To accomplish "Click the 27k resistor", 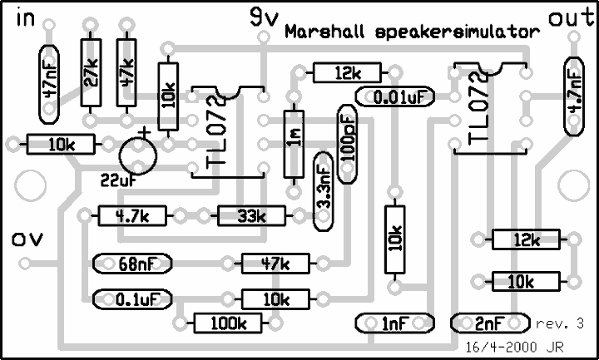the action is [x=91, y=72].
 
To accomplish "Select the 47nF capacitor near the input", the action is [x=49, y=84].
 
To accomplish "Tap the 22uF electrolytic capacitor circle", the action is [x=138, y=155].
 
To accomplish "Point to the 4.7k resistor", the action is [x=132, y=215].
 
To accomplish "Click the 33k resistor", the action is [x=251, y=215].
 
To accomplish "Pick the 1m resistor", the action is [x=294, y=144].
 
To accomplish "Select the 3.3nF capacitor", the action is [x=323, y=191].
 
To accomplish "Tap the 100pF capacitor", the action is [x=347, y=144].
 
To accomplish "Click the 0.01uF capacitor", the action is [x=395, y=96].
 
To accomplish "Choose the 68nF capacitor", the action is [x=132, y=264].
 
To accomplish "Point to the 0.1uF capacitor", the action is [x=132, y=299].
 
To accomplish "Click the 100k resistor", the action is [x=229, y=323].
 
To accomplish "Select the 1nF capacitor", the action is [x=395, y=323].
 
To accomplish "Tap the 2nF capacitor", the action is [x=491, y=323].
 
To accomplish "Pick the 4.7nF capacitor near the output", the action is [x=574, y=96].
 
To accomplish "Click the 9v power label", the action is [x=264, y=18].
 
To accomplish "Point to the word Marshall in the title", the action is [x=324, y=32].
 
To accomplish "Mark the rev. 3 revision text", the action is [x=560, y=323].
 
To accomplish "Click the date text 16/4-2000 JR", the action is [x=514, y=347].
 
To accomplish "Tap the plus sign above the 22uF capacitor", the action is [x=145, y=132].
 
